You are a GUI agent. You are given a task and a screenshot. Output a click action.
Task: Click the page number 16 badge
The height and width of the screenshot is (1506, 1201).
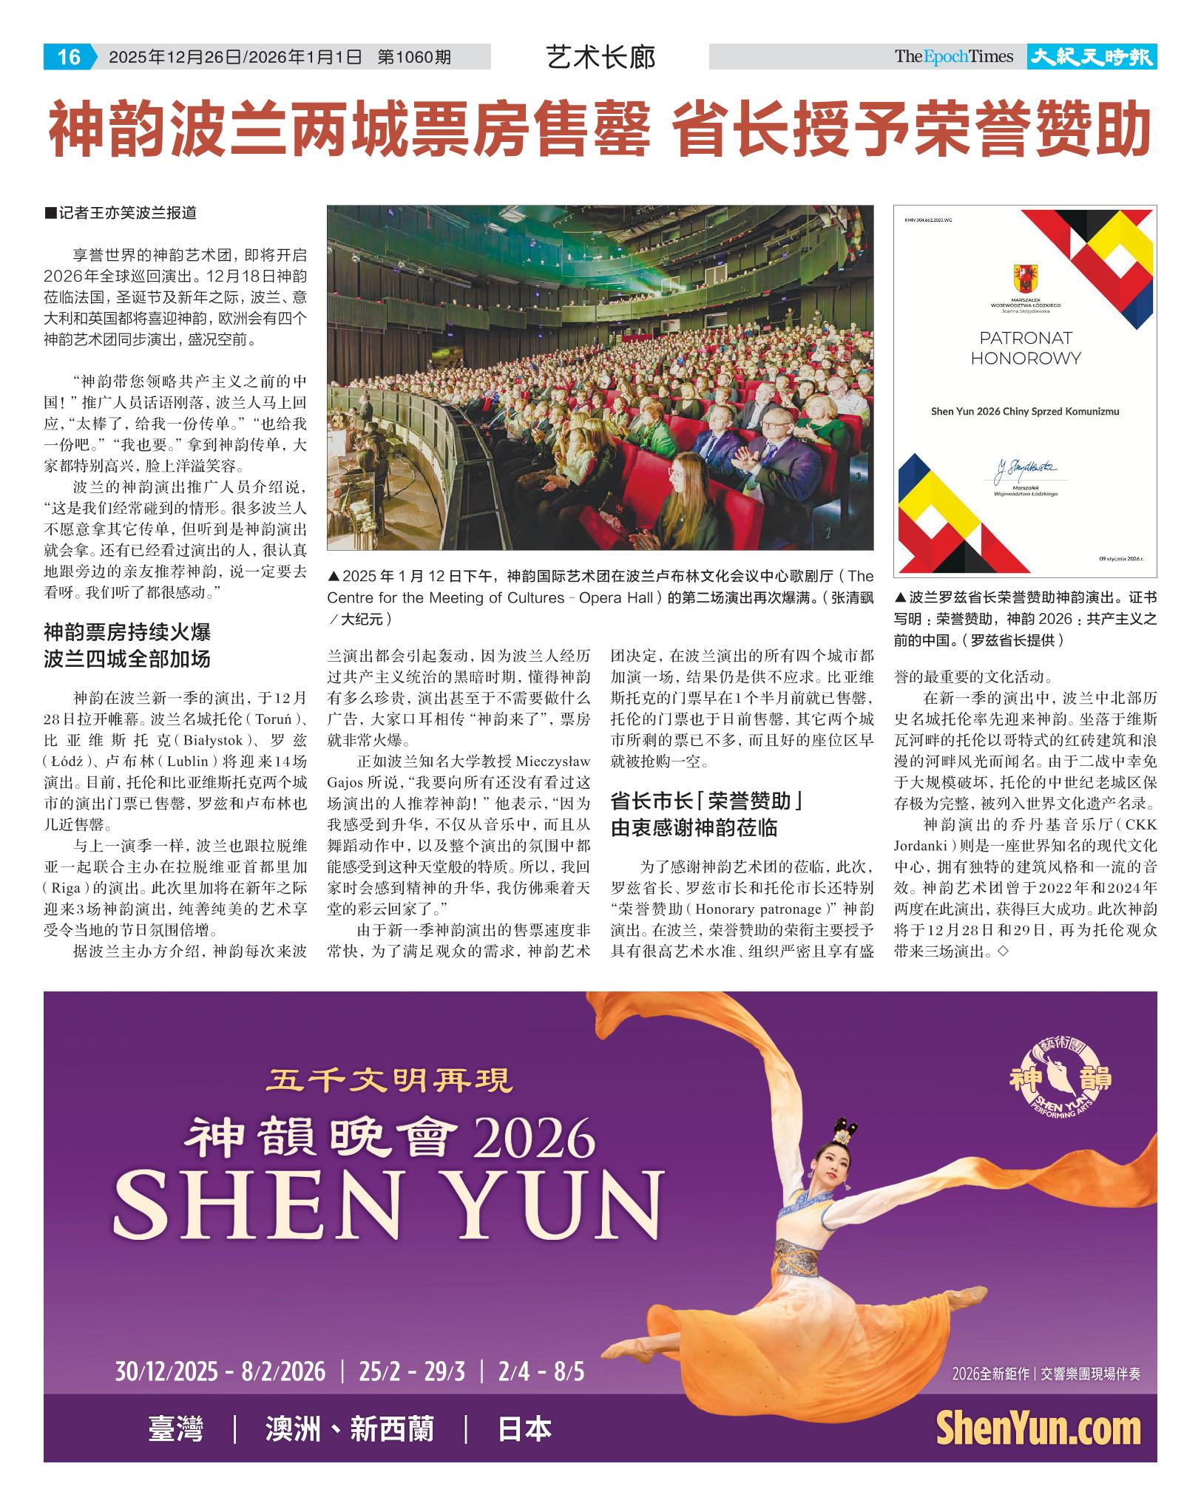point(69,57)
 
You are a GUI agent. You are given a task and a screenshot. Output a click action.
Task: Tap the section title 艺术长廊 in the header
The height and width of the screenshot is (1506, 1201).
point(600,57)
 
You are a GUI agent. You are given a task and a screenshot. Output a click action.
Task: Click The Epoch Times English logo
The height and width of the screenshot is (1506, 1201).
point(953,57)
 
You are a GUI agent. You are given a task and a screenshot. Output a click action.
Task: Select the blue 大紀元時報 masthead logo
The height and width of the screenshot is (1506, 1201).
point(1092,57)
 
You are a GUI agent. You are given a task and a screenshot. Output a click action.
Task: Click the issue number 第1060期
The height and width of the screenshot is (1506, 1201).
point(414,57)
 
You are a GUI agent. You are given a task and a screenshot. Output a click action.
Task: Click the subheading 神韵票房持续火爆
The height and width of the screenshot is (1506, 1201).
point(127,632)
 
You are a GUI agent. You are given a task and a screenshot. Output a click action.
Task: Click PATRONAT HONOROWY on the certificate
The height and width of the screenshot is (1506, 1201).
point(1025,348)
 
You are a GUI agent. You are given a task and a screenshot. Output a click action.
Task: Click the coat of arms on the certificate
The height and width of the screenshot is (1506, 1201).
point(1025,279)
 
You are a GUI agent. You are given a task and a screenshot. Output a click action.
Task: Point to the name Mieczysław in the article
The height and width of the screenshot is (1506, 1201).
point(553,761)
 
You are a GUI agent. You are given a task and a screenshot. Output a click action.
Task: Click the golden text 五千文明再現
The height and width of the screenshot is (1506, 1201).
point(390,1082)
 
